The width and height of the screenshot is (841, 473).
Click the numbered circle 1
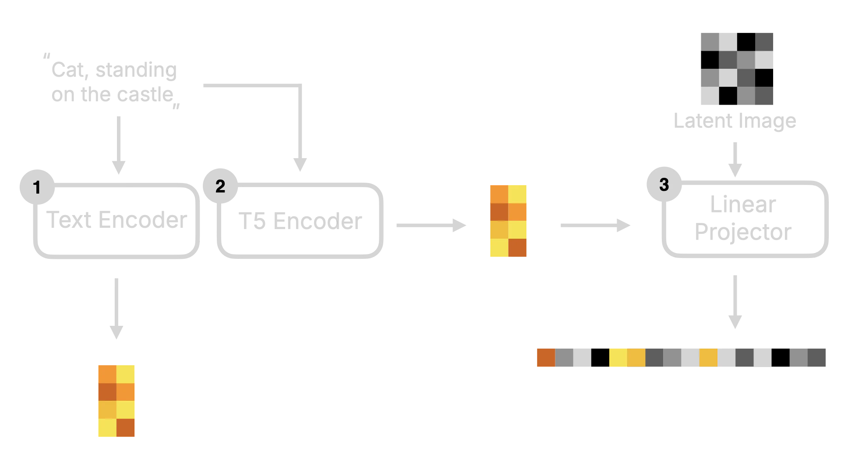pyautogui.click(x=37, y=187)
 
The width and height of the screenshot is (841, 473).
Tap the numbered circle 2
pyautogui.click(x=220, y=186)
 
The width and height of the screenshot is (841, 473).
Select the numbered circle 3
pyautogui.click(x=664, y=185)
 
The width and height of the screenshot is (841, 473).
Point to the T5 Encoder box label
pyautogui.click(x=301, y=221)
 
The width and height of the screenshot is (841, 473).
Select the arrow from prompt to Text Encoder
pyautogui.click(x=117, y=145)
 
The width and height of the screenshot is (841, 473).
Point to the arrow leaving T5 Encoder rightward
pyautogui.click(x=432, y=225)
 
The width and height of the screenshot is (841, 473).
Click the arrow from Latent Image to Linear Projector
pyautogui.click(x=735, y=158)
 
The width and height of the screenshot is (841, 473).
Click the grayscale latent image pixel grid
pyautogui.click(x=737, y=68)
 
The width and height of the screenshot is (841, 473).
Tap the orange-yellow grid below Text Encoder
pyautogui.click(x=117, y=401)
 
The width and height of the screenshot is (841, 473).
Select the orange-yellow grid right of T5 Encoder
pyautogui.click(x=508, y=221)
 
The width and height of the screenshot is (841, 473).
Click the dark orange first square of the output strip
pyautogui.click(x=545, y=357)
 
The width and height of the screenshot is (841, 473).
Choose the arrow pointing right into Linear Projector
pyautogui.click(x=595, y=225)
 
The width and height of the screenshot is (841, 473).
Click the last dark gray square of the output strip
pyautogui.click(x=817, y=357)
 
